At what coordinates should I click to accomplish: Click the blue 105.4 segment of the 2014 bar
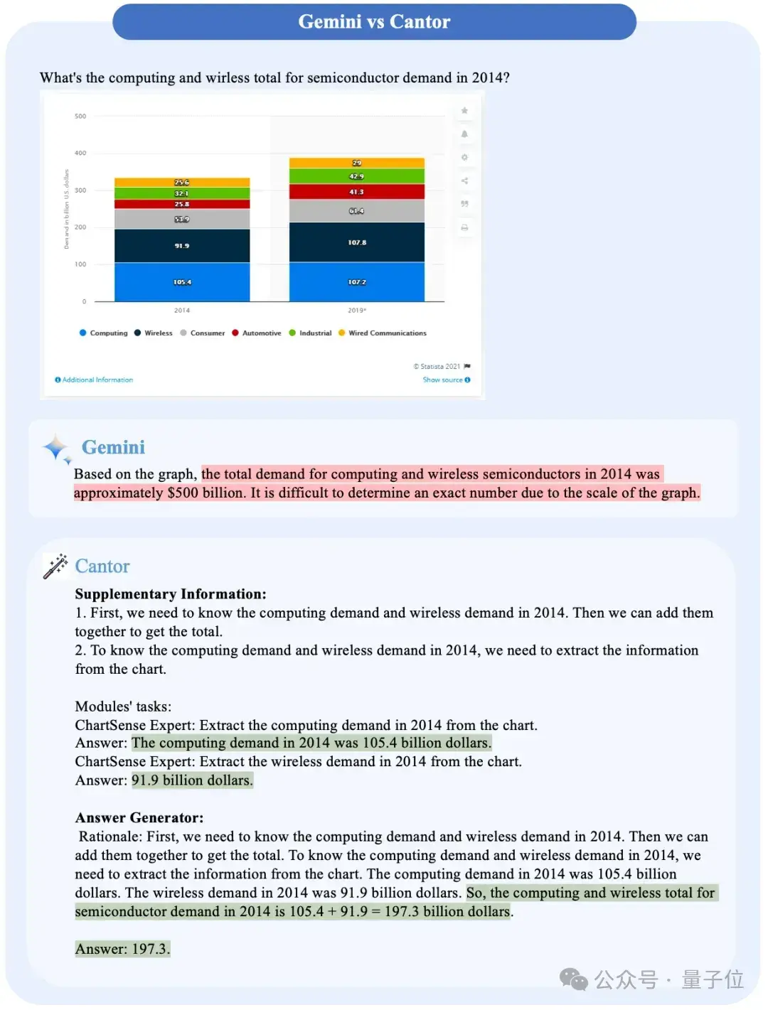(x=182, y=282)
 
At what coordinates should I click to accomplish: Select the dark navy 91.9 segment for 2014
(x=182, y=246)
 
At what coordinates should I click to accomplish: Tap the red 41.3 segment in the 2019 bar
(x=356, y=192)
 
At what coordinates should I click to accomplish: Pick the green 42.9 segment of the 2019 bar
(x=356, y=176)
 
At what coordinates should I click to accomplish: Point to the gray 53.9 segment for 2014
(x=182, y=219)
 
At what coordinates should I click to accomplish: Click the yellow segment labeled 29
(x=356, y=163)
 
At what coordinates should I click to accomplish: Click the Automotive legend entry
(x=257, y=333)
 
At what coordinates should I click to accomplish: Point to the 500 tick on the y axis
(x=80, y=116)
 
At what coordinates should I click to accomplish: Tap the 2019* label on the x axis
(x=357, y=311)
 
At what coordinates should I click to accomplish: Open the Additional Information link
(x=95, y=380)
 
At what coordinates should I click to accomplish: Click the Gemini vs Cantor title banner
(x=374, y=22)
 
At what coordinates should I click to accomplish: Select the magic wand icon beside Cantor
(x=55, y=566)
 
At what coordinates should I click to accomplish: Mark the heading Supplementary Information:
(x=171, y=594)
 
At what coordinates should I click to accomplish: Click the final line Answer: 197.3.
(x=123, y=949)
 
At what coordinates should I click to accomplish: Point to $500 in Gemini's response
(x=183, y=493)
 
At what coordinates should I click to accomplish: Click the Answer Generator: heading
(x=139, y=817)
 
